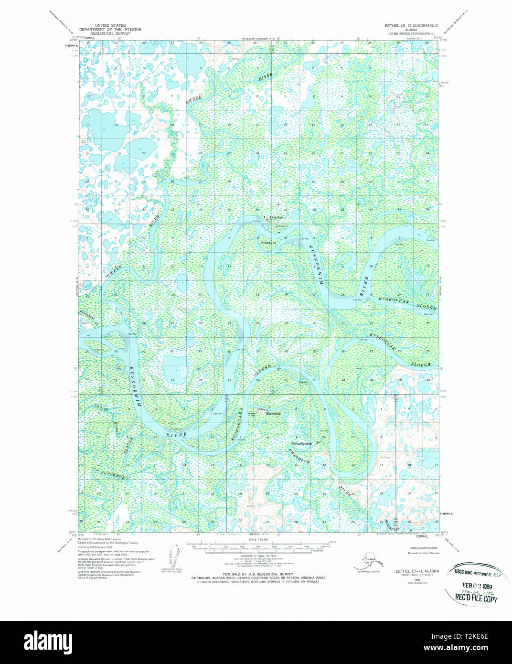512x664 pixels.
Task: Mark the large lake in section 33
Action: [171, 368]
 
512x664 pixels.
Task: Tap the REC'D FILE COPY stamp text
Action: [476, 599]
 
